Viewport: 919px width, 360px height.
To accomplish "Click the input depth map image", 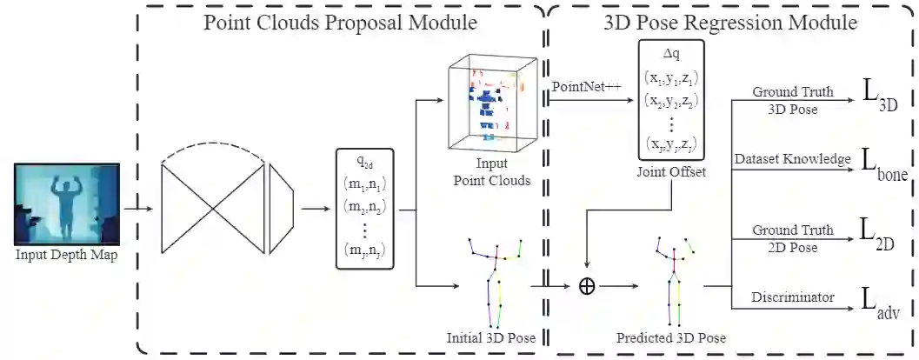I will pos(65,205).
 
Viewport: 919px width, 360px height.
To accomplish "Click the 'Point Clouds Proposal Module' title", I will pos(341,23).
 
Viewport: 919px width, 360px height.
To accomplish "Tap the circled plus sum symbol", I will pos(587,287).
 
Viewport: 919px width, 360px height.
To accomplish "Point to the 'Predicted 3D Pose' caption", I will pos(671,337).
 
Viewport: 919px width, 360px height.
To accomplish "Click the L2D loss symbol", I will pos(876,234).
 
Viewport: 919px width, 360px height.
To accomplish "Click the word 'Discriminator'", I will pos(793,297).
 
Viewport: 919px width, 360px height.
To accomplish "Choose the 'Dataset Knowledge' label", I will pos(791,159).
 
